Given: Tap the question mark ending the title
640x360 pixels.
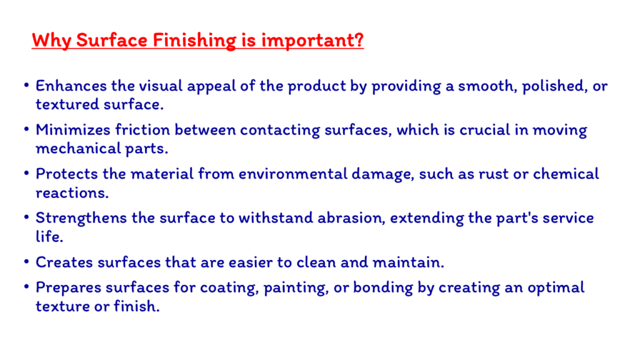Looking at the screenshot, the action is click(358, 39).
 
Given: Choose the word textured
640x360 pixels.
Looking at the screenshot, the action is click(67, 104).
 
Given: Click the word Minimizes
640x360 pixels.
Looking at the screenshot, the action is click(73, 130).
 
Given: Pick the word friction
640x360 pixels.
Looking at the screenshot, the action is click(142, 129).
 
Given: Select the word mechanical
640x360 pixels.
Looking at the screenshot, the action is click(78, 148).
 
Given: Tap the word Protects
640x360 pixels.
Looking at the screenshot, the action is click(67, 174).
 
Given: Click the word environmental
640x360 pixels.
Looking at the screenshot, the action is click(292, 174).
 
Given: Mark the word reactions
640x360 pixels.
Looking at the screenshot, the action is click(72, 192).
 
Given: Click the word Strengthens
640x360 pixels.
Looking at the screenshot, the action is click(81, 218).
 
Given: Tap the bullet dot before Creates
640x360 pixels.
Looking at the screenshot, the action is click(26, 262).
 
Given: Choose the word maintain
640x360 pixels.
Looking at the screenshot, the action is click(409, 262).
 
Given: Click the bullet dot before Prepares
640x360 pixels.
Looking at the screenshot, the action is click(26, 287).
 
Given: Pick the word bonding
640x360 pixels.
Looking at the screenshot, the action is click(383, 288).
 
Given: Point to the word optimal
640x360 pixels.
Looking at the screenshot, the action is click(556, 288).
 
